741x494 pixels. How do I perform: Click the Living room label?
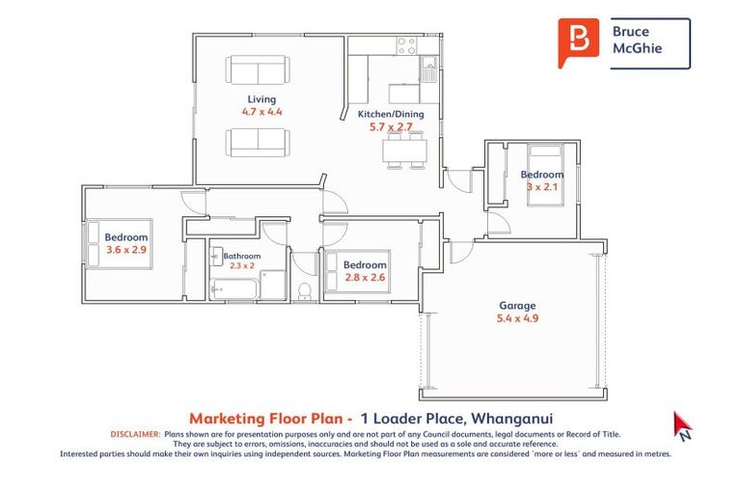click(261, 99)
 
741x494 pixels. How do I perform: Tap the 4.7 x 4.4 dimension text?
click(261, 112)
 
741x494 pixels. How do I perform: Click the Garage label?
click(517, 306)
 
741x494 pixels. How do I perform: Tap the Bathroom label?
click(241, 256)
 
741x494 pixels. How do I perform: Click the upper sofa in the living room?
click(258, 69)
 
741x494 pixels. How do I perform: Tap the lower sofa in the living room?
click(258, 142)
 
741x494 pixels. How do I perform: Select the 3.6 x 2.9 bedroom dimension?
click(126, 250)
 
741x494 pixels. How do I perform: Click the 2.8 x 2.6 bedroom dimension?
click(365, 278)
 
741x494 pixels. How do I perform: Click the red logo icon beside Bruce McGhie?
click(578, 42)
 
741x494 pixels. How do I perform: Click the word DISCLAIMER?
click(135, 435)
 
